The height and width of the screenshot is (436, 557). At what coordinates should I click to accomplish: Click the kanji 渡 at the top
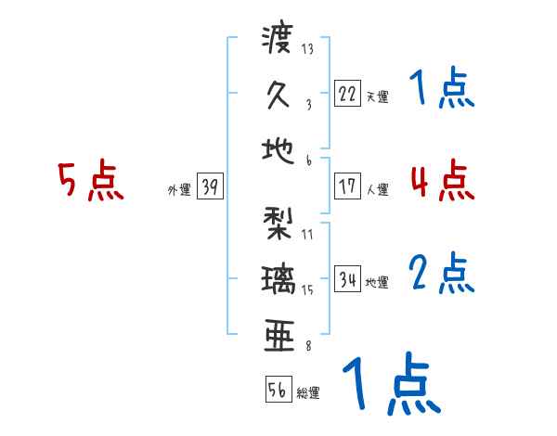278,41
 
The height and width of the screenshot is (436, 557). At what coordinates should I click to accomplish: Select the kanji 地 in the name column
278,147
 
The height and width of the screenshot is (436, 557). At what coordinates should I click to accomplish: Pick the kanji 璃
278,278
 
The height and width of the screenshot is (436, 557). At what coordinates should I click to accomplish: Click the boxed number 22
347,93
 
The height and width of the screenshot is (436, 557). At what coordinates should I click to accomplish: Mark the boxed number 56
278,390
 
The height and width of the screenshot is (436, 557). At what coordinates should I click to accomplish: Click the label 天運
377,96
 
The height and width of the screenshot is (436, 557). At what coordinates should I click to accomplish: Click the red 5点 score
90,182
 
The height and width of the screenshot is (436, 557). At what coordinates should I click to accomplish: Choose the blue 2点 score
442,273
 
